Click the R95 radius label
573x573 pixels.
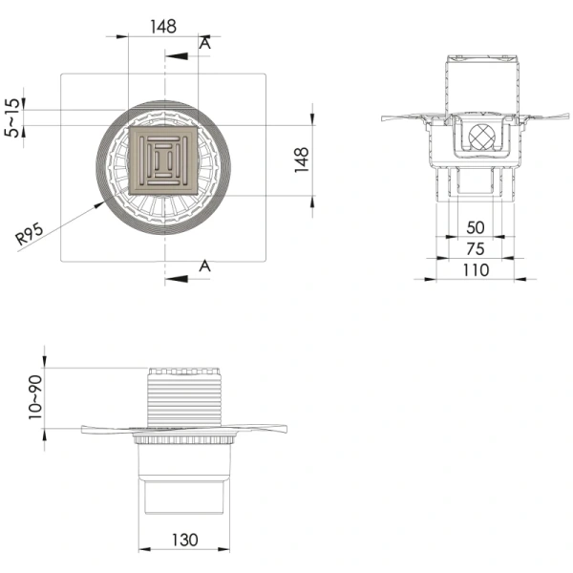(30, 234)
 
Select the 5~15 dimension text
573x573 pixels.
(11, 117)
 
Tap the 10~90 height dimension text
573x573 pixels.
(35, 397)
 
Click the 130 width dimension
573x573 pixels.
(184, 540)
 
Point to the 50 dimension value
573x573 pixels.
(476, 227)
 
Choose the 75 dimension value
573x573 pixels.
(476, 249)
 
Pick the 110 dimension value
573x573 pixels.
(476, 270)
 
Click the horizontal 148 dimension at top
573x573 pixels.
(163, 27)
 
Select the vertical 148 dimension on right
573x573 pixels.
(302, 159)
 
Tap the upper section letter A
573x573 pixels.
(205, 43)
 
